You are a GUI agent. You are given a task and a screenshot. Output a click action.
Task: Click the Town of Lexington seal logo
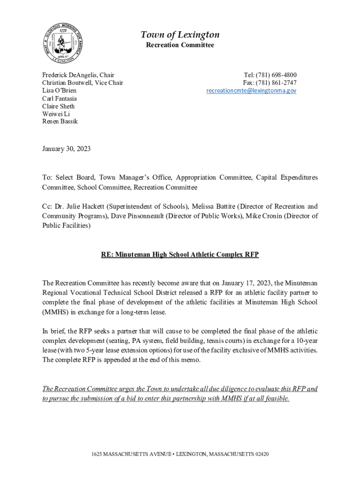pos(64,42)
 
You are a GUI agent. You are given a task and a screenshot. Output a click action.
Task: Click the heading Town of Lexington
pos(180,35)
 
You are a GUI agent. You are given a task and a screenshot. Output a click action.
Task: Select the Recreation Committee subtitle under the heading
pos(180,45)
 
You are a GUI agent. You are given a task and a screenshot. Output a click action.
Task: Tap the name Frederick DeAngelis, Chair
pos(78,75)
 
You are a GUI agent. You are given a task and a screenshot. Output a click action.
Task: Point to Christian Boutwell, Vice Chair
pos(83,83)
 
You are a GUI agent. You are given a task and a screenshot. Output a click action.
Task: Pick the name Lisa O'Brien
pos(59,91)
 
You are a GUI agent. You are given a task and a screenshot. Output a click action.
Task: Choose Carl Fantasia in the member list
pos(59,99)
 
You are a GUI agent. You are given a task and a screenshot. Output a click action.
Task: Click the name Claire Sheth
pos(58,106)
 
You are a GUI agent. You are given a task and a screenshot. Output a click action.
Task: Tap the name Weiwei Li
pos(56,114)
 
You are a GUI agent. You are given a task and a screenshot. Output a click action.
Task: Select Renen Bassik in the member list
pos(60,121)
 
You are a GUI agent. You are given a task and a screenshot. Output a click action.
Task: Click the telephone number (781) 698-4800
pos(276,75)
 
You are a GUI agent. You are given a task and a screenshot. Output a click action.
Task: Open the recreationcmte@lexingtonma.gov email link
pos(252,91)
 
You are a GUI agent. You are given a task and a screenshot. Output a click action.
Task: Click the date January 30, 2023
pos(66,149)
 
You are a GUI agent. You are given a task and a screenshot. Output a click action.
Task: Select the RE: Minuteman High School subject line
pos(180,255)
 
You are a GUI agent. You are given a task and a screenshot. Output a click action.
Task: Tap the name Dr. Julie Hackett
pos(74,206)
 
